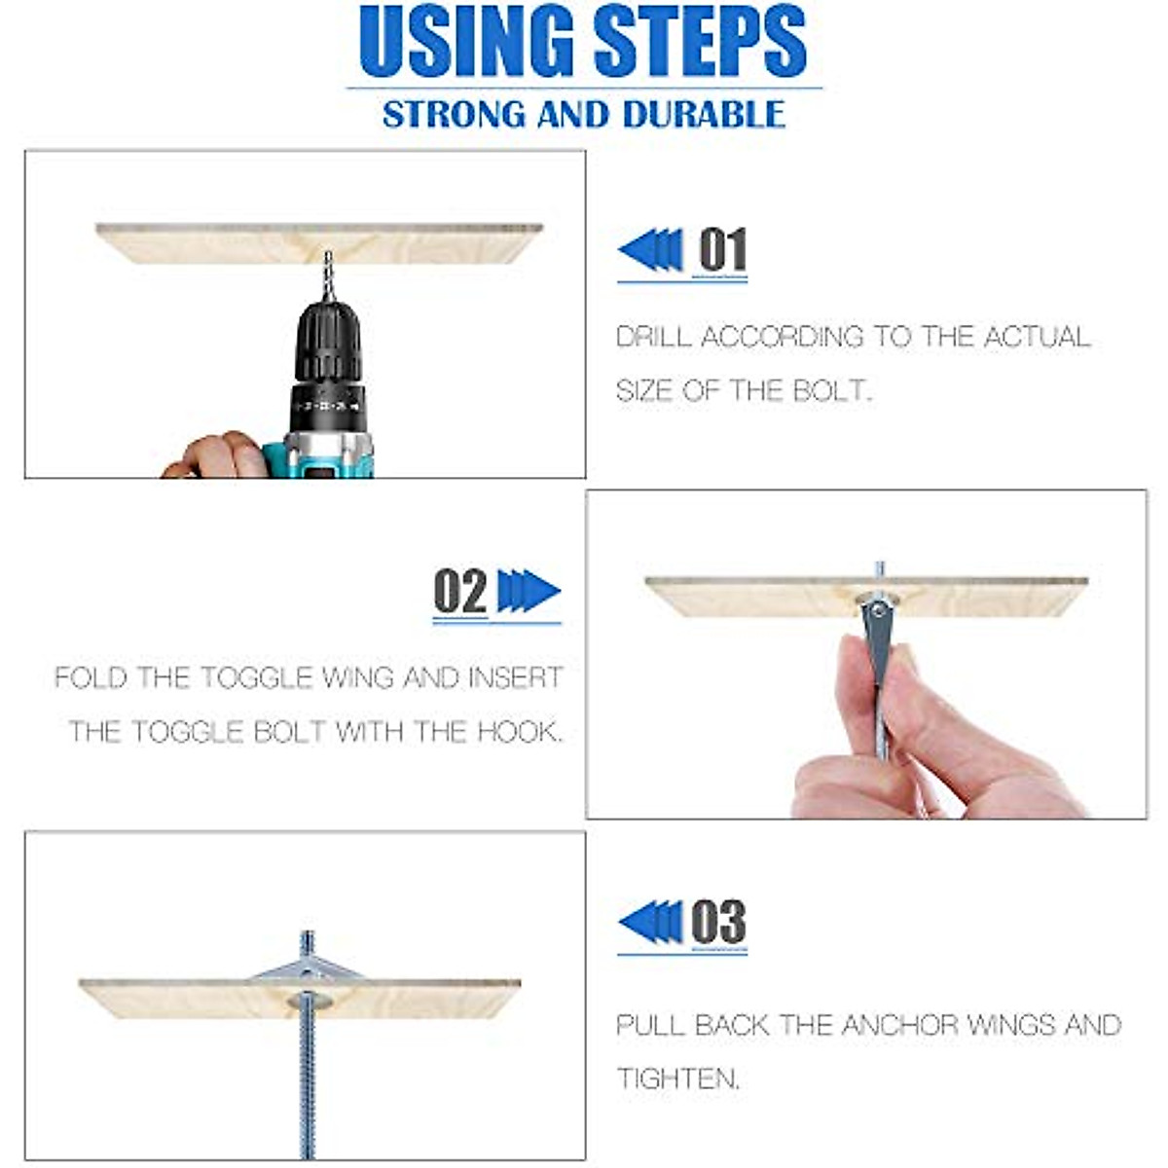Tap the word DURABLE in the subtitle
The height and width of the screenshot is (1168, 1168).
click(x=704, y=114)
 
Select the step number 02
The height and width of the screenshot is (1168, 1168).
click(x=460, y=592)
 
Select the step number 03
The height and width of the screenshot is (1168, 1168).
click(x=718, y=922)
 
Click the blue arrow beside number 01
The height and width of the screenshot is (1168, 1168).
click(x=650, y=250)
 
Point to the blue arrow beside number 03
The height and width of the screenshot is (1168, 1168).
click(x=650, y=922)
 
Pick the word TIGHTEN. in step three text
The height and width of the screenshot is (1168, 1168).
click(x=678, y=1077)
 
